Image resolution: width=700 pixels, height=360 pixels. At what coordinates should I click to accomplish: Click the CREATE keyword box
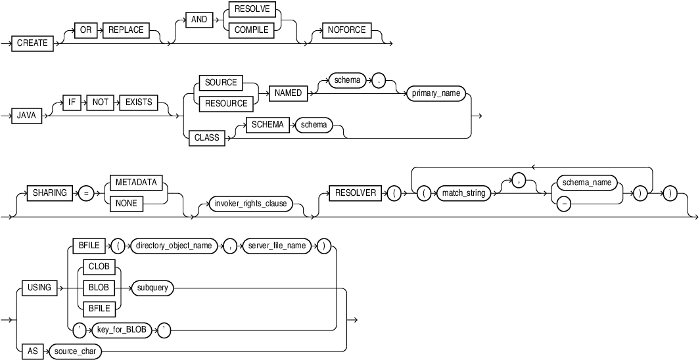[32, 43]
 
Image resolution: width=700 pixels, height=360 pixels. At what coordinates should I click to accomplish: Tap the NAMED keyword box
[288, 93]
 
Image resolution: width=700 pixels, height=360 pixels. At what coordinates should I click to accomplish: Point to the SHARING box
[49, 192]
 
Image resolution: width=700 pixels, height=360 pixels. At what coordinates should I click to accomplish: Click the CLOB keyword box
[97, 267]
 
